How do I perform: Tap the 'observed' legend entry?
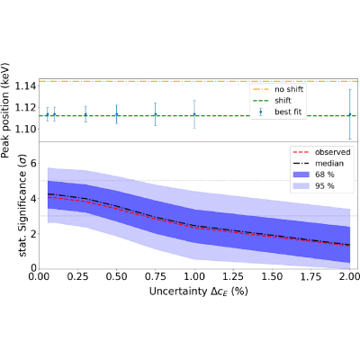point(322,152)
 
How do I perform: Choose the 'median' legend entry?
point(319,163)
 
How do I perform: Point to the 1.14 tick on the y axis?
point(25,86)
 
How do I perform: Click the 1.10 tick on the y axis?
point(25,130)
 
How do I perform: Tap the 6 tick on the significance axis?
point(33,164)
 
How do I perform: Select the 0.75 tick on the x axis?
point(156,276)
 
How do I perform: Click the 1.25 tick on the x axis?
point(233,276)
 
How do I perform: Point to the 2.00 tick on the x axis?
point(349,276)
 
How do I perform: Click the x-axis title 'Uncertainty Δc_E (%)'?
point(199,292)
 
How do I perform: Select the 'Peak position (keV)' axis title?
point(5,111)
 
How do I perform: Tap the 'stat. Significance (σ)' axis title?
point(23,205)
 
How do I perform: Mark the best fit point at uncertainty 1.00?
point(194,114)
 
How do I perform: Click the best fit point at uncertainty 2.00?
point(350,114)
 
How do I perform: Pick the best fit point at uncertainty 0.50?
point(117,114)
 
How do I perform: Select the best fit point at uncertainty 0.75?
point(156,114)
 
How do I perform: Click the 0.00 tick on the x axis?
point(39,276)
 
